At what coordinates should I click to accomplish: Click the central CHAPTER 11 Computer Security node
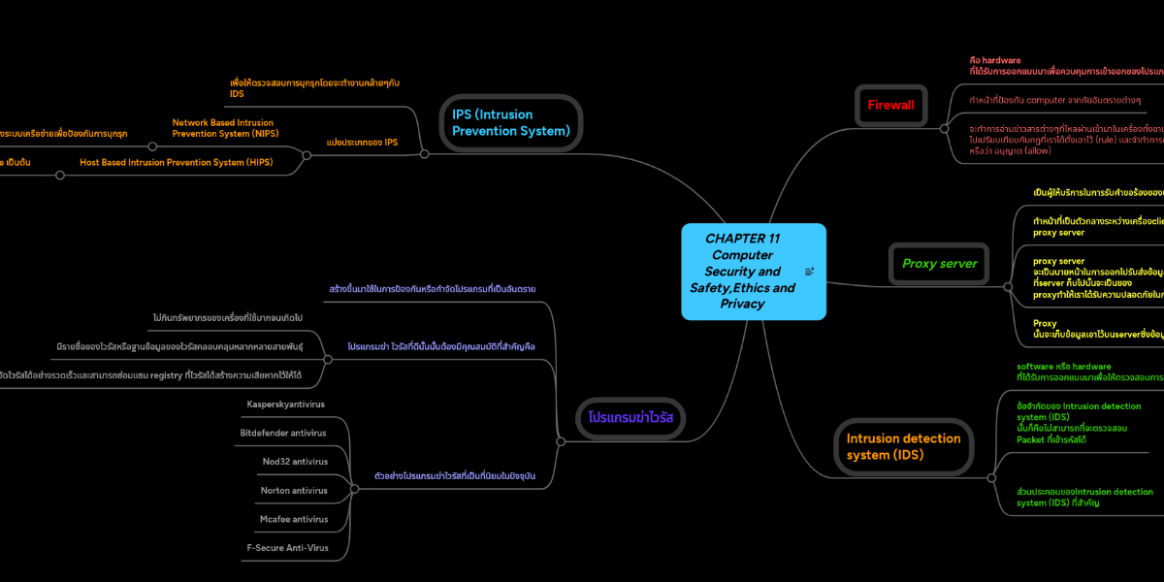pyautogui.click(x=742, y=271)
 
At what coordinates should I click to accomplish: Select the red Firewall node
pyautogui.click(x=890, y=105)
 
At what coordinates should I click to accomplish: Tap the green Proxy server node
pyautogui.click(x=939, y=263)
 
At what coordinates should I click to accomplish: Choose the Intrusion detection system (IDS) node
pyautogui.click(x=903, y=446)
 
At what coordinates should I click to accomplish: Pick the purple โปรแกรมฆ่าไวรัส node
pyautogui.click(x=630, y=417)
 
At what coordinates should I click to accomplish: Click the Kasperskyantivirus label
pyautogui.click(x=285, y=404)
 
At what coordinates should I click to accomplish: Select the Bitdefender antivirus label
pyautogui.click(x=282, y=433)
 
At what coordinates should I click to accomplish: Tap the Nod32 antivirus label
pyautogui.click(x=295, y=461)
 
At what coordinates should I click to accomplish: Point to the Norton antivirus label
pyautogui.click(x=294, y=490)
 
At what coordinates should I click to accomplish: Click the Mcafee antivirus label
pyautogui.click(x=294, y=519)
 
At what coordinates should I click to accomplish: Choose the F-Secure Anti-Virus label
pyautogui.click(x=287, y=547)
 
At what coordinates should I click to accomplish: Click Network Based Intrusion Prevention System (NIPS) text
pyautogui.click(x=224, y=128)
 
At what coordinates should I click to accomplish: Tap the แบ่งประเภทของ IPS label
pyautogui.click(x=362, y=143)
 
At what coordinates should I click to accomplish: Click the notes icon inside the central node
pyautogui.click(x=809, y=272)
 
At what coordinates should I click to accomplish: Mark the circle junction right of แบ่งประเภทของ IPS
pyautogui.click(x=424, y=153)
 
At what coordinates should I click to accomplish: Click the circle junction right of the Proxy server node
pyautogui.click(x=1009, y=284)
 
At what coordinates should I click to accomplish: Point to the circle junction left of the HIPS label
pyautogui.click(x=60, y=176)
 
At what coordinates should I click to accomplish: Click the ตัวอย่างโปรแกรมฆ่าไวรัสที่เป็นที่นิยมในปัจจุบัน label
pyautogui.click(x=454, y=475)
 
